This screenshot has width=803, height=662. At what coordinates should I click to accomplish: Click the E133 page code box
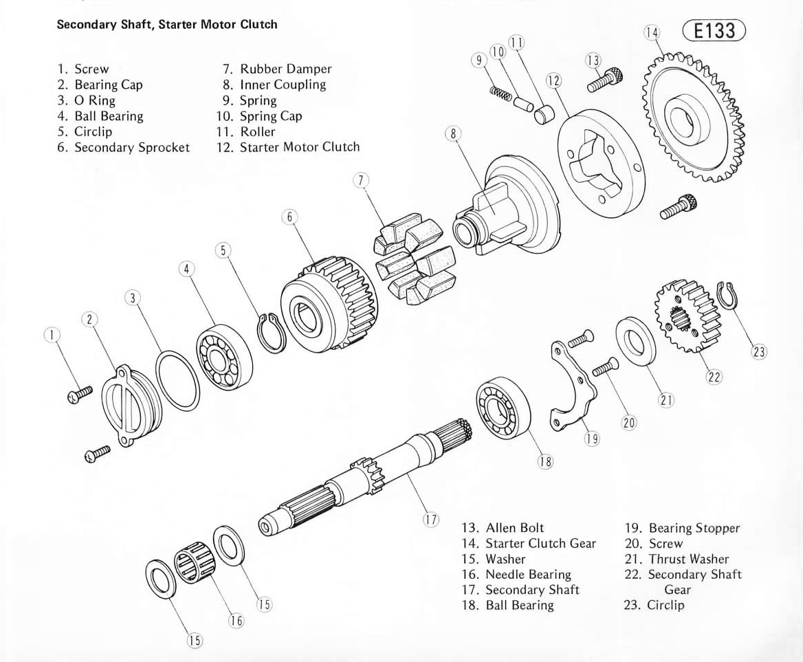coord(714,31)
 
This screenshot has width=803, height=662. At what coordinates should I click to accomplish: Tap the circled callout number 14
coord(651,32)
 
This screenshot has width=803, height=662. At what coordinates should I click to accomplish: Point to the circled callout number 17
coord(430,520)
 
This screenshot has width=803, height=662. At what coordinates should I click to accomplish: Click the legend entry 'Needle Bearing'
coord(528,574)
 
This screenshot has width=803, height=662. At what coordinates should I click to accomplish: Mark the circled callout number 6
coord(289,217)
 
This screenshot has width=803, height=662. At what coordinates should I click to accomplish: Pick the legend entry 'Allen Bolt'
coord(514,528)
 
